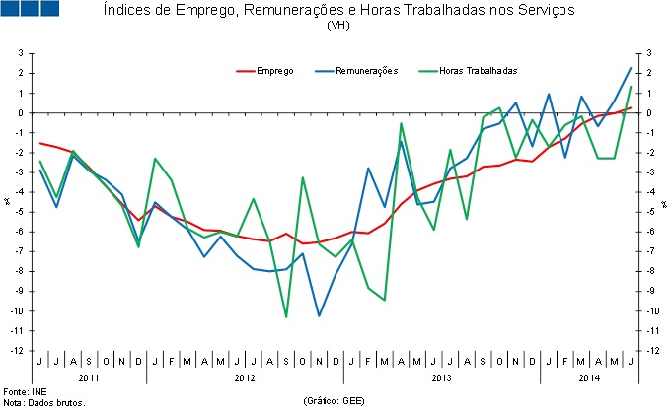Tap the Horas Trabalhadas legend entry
(x=479, y=70)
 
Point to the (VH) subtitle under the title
(x=336, y=26)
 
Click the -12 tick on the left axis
(x=17, y=351)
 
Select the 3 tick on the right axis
(x=649, y=53)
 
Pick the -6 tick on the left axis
(x=20, y=232)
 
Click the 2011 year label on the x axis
(x=89, y=377)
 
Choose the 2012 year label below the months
(x=245, y=377)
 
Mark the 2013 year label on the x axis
(x=442, y=377)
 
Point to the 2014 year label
(x=588, y=377)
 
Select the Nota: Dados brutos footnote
(x=44, y=402)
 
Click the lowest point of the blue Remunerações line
(x=319, y=315)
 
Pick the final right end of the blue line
(x=631, y=68)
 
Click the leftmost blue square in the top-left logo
(x=12, y=9)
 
